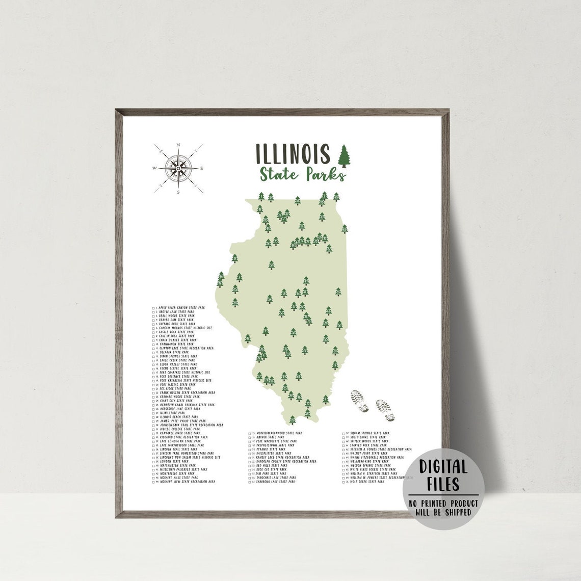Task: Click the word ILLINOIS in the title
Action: (x=293, y=154)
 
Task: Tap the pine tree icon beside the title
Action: (x=345, y=155)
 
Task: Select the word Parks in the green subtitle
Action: (x=326, y=174)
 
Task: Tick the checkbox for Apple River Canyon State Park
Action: (x=153, y=308)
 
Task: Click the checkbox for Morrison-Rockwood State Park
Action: (x=250, y=433)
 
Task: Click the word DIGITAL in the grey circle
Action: (x=443, y=467)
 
